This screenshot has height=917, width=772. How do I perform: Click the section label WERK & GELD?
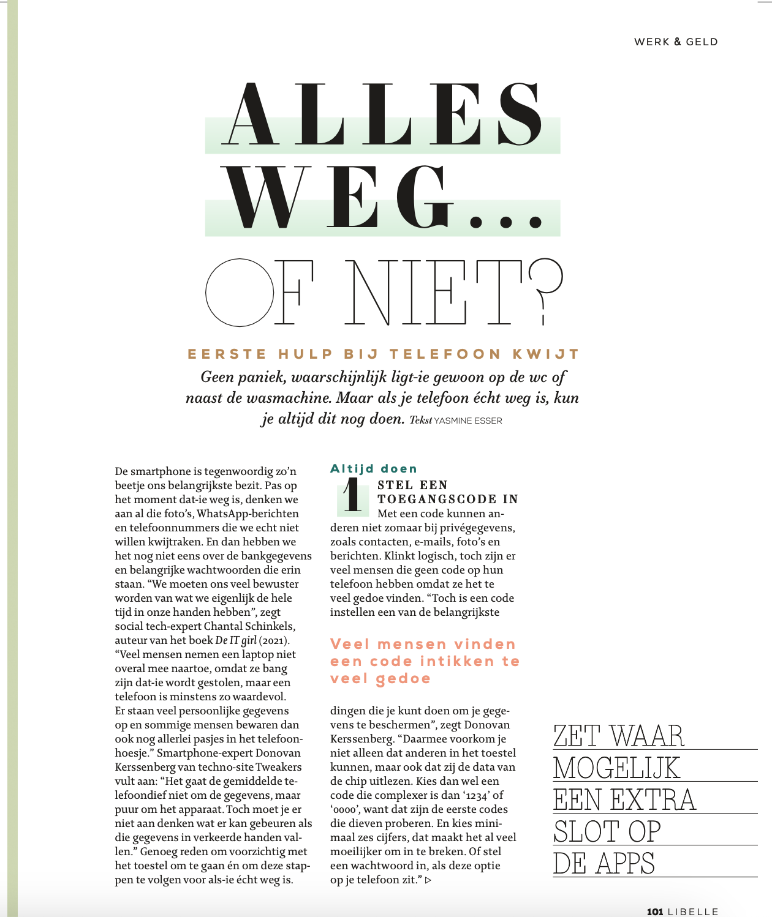676,42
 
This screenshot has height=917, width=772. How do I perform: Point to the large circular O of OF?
239,292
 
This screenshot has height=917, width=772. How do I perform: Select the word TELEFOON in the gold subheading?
445,354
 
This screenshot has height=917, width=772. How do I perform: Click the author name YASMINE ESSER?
467,421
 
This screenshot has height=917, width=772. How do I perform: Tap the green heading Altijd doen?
374,469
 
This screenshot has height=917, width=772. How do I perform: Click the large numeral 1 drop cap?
352,496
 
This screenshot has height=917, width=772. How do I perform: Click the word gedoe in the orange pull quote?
403,678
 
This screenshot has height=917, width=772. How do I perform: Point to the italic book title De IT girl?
236,640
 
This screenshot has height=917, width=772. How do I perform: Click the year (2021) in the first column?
274,640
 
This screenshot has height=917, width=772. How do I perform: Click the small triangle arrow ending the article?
428,880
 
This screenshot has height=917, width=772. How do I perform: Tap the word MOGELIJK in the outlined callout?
616,768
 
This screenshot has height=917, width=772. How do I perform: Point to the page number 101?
655,911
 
